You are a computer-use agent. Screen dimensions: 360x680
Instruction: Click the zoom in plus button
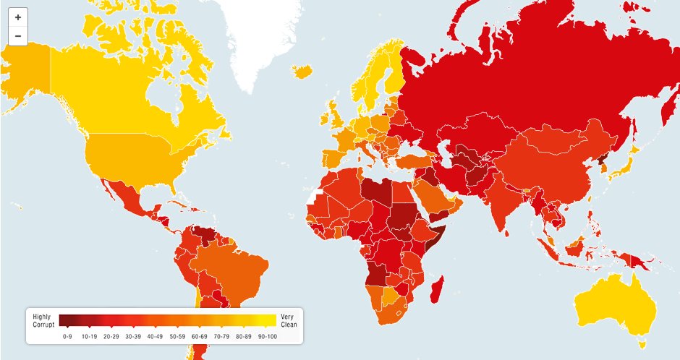(18, 17)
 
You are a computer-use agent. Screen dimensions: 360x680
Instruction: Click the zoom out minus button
(18, 36)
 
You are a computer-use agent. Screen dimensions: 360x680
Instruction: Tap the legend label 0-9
(67, 336)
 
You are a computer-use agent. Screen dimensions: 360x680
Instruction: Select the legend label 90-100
(268, 336)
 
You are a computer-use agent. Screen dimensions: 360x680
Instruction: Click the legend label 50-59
(179, 336)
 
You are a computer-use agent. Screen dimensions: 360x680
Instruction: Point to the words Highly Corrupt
(43, 320)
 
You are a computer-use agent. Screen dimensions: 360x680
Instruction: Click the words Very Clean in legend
(289, 320)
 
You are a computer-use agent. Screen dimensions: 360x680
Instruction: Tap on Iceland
(305, 72)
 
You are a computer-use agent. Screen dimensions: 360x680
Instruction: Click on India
(506, 202)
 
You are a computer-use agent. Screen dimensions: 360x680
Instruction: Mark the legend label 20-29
(112, 336)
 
